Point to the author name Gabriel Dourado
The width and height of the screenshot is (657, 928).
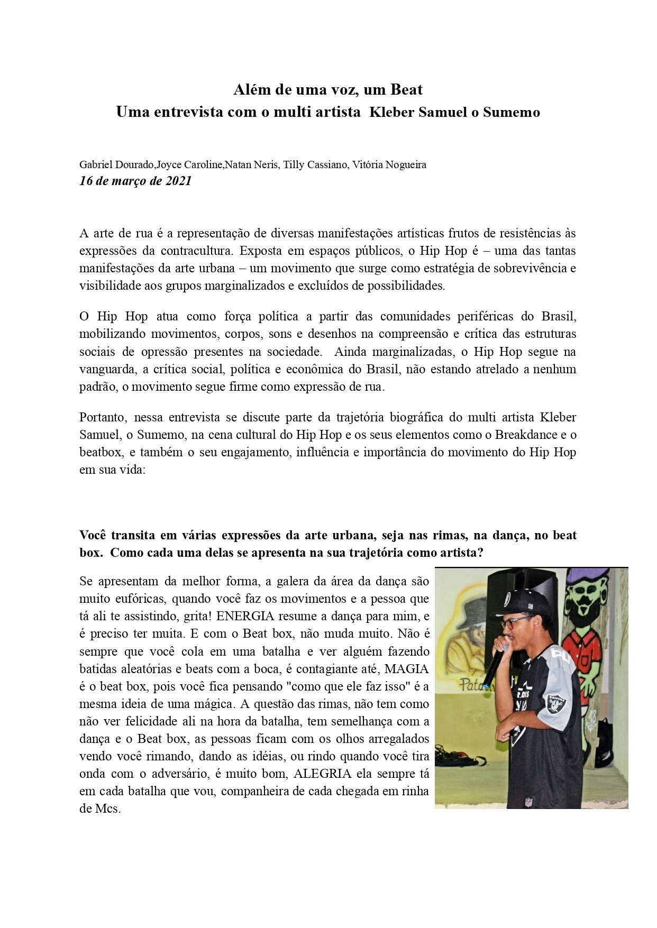(x=116, y=164)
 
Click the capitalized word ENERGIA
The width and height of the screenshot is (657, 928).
(x=248, y=616)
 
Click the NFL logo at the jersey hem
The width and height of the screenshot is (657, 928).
(x=528, y=801)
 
